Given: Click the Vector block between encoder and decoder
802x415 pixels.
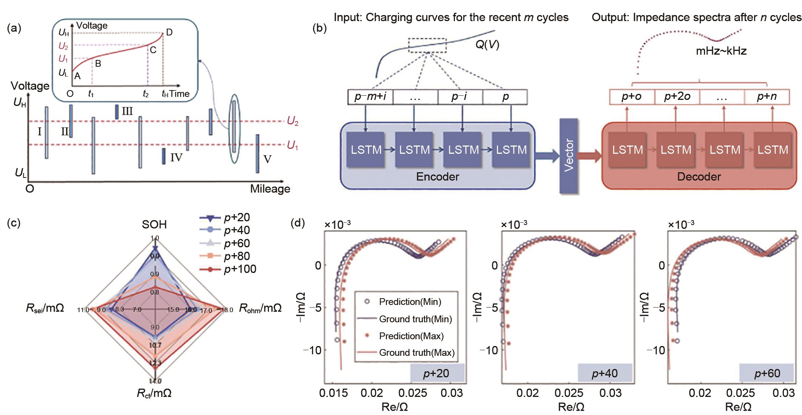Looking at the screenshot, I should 569,155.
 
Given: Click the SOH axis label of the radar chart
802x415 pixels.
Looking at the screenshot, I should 154,225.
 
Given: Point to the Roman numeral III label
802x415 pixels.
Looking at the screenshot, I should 127,111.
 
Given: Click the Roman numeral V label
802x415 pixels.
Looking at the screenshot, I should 267,159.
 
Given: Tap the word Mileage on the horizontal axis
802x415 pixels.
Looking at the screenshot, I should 270,189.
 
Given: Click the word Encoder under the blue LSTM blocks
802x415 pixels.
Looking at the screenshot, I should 438,177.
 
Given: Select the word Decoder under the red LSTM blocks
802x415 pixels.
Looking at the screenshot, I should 699,177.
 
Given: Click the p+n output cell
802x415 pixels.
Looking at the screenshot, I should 767,97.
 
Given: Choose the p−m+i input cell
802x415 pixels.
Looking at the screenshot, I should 370,97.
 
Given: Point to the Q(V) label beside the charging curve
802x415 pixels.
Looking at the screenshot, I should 487,45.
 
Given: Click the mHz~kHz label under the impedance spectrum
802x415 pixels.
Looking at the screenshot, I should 721,51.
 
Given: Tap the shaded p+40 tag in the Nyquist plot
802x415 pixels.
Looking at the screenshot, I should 605,373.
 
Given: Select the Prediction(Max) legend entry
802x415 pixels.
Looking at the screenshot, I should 411,336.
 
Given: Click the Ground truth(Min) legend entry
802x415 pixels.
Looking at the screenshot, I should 415,319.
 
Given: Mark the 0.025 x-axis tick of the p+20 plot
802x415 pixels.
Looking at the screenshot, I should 412,393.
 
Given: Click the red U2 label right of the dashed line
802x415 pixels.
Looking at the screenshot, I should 292,121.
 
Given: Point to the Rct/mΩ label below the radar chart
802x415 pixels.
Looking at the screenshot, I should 154,394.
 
